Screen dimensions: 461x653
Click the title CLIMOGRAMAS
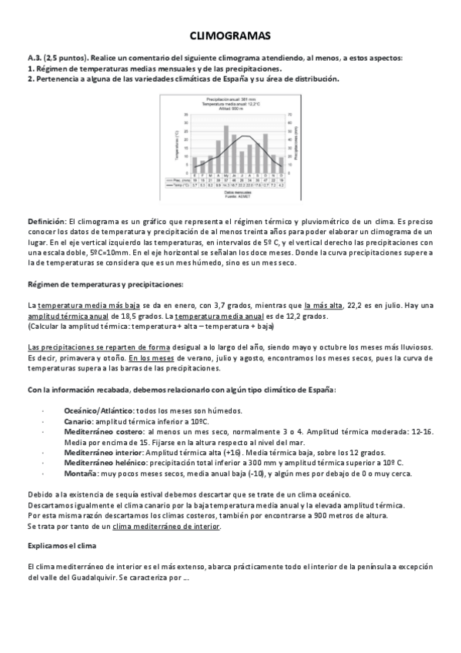pos(230,36)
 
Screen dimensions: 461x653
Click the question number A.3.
pos(35,59)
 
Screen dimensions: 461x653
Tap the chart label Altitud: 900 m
pos(230,108)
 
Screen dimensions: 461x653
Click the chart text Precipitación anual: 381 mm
pos(231,99)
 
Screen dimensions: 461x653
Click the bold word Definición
pos(46,221)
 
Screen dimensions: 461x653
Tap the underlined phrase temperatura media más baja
pos(82,306)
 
